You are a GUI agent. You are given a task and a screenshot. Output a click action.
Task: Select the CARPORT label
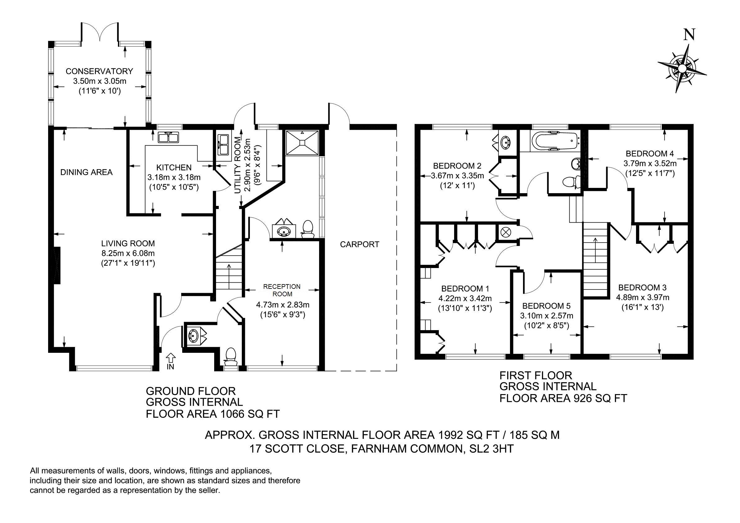click(x=359, y=245)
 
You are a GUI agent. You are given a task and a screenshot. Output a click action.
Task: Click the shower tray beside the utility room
click(x=302, y=142)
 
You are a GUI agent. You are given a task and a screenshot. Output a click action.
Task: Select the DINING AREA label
click(x=86, y=172)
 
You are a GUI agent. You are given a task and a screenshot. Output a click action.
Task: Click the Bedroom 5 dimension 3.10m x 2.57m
click(x=547, y=316)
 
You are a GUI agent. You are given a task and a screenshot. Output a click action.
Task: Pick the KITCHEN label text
click(x=174, y=167)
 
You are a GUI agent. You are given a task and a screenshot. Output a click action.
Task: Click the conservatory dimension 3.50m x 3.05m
click(x=100, y=81)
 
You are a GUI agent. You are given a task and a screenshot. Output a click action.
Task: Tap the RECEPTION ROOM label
click(x=282, y=290)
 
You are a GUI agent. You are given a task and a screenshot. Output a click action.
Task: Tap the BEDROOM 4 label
click(x=650, y=154)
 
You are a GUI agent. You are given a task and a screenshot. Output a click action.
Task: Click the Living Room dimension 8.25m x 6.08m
click(x=128, y=253)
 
